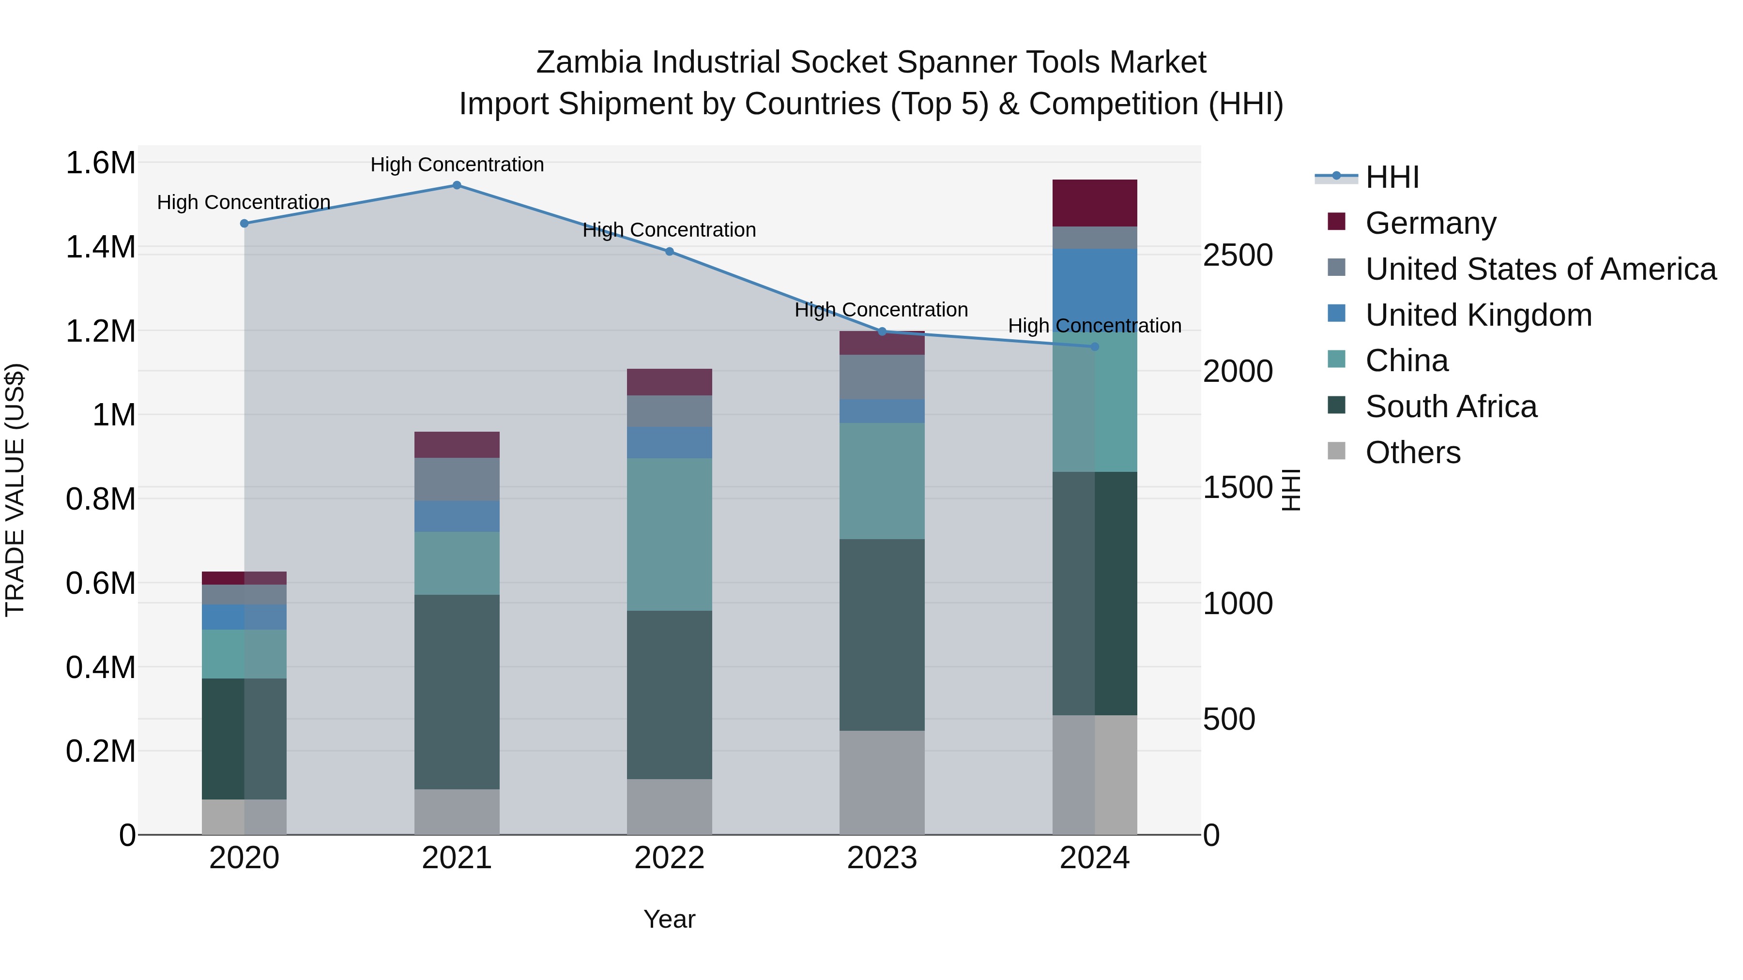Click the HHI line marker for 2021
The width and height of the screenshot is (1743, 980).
pyautogui.click(x=457, y=185)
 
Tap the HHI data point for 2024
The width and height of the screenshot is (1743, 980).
pyautogui.click(x=1095, y=347)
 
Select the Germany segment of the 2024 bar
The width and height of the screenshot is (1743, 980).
pyautogui.click(x=1095, y=203)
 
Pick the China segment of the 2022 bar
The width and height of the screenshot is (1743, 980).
pyautogui.click(x=669, y=534)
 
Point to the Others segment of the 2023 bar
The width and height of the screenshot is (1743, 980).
pyautogui.click(x=882, y=782)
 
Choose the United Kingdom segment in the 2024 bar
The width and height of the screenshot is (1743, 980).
pyautogui.click(x=1095, y=284)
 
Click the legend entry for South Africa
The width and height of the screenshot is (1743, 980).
pyautogui.click(x=1451, y=407)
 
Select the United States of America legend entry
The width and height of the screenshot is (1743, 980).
pyautogui.click(x=1540, y=269)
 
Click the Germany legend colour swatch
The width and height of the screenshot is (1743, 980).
pyautogui.click(x=1336, y=222)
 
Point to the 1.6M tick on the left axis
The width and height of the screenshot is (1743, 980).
pyautogui.click(x=101, y=163)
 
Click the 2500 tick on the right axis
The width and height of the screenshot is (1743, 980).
pyautogui.click(x=1238, y=256)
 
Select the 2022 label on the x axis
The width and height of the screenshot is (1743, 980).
pyautogui.click(x=669, y=858)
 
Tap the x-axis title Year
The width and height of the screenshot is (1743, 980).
pyautogui.click(x=669, y=919)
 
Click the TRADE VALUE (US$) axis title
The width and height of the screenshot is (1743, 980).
pyautogui.click(x=15, y=490)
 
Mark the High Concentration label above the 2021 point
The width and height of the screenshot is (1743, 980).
pyautogui.click(x=457, y=165)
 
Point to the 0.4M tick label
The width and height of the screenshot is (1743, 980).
pyautogui.click(x=101, y=667)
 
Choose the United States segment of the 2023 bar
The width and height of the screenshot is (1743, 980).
pyautogui.click(x=882, y=377)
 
